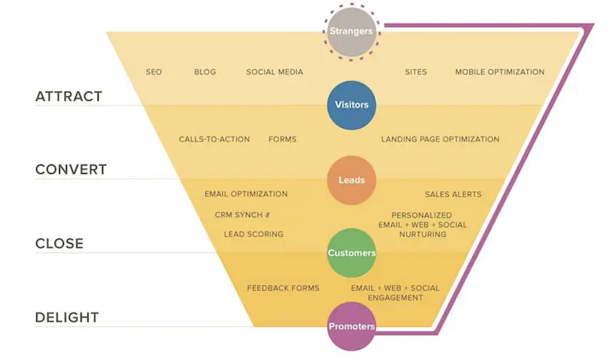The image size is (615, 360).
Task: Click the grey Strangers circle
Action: pyautogui.click(x=351, y=32)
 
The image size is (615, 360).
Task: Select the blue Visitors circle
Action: pyautogui.click(x=351, y=105)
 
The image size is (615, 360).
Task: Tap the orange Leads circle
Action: pyautogui.click(x=351, y=180)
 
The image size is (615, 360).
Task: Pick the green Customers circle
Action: pyautogui.click(x=351, y=252)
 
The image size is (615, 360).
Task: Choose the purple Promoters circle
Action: pyautogui.click(x=351, y=326)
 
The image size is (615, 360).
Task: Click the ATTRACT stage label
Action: pyautogui.click(x=69, y=97)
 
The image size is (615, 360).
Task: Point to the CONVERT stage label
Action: pyautogui.click(x=71, y=170)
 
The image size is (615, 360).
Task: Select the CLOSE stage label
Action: pyautogui.click(x=59, y=244)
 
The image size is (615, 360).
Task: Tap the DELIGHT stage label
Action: pyautogui.click(x=67, y=318)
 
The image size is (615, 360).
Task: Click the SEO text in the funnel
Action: pyautogui.click(x=154, y=72)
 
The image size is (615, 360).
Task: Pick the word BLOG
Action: pyautogui.click(x=205, y=72)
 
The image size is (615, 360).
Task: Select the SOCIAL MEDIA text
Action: pyautogui.click(x=274, y=72)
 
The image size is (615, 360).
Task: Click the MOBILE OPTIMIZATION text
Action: pyautogui.click(x=500, y=72)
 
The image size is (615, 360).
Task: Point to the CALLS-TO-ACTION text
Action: pyautogui.click(x=214, y=139)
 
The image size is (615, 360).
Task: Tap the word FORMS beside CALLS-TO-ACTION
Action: pyautogui.click(x=282, y=139)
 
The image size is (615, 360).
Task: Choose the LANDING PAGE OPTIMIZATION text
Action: pyautogui.click(x=440, y=139)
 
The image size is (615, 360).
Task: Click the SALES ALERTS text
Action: pyautogui.click(x=454, y=195)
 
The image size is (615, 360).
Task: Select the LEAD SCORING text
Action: pyautogui.click(x=254, y=234)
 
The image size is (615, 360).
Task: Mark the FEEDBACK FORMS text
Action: pyautogui.click(x=283, y=288)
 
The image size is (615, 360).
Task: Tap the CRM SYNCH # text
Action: pyautogui.click(x=242, y=215)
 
